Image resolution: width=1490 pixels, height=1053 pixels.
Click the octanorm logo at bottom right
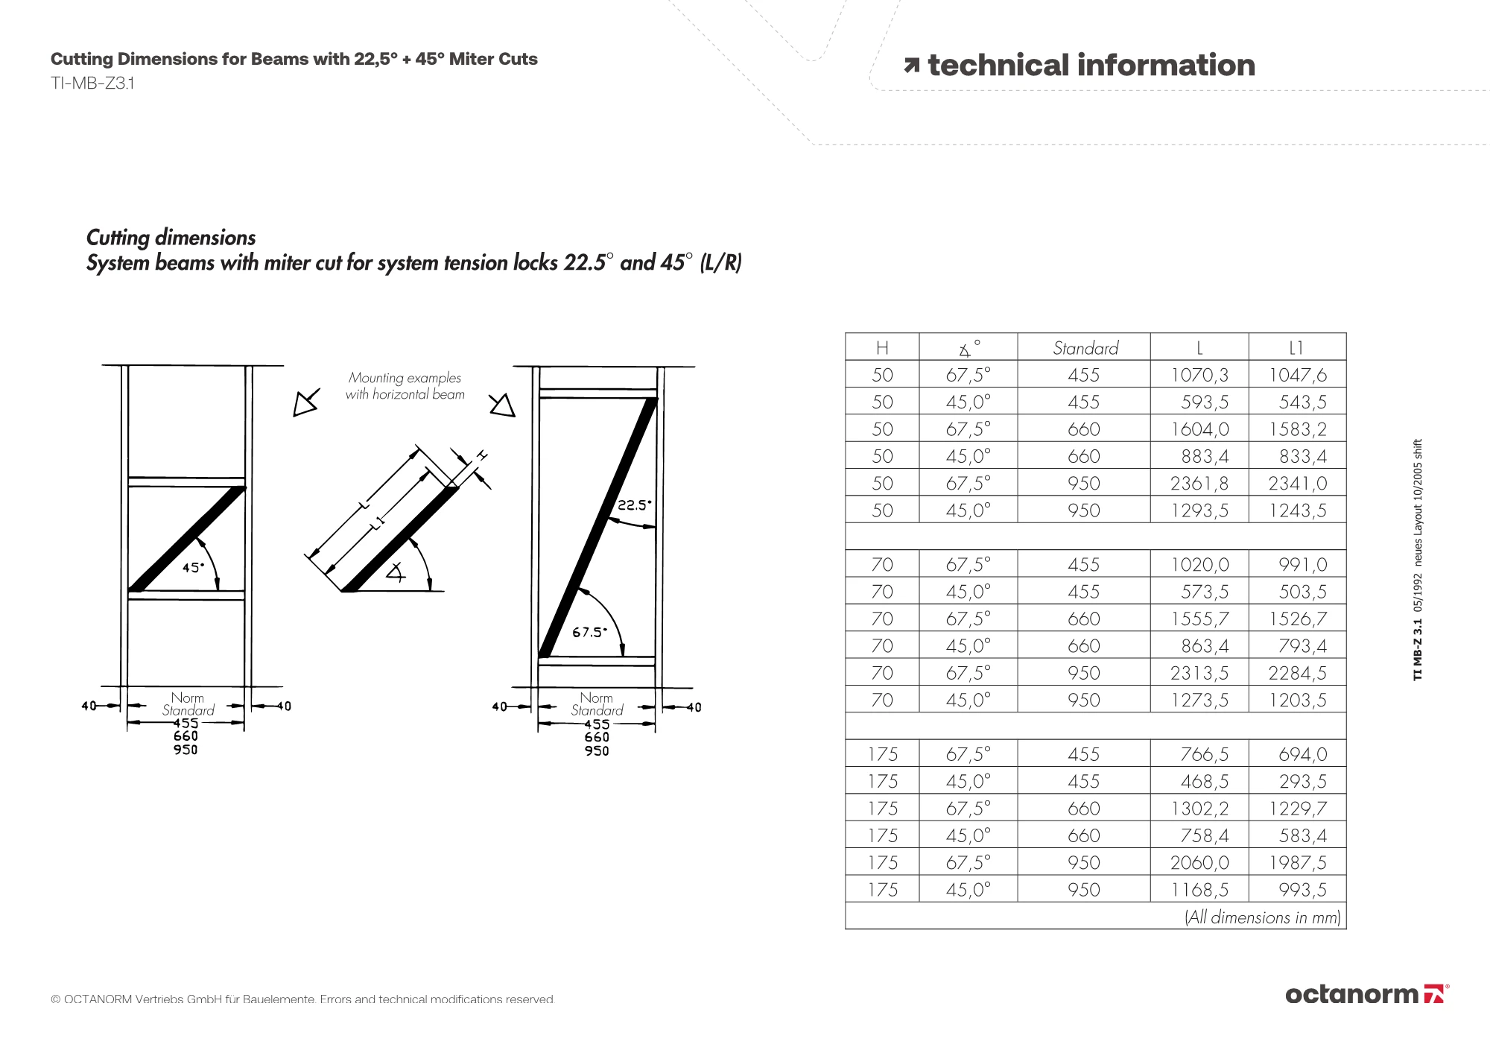(1366, 994)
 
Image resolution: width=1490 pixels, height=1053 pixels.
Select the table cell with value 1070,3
(1199, 375)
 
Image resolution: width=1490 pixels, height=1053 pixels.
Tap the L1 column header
(1296, 348)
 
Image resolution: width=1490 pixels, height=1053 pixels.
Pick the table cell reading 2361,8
(1199, 484)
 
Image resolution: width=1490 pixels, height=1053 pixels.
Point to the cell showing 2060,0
(1199, 863)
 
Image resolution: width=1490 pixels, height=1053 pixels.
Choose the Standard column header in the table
(1085, 348)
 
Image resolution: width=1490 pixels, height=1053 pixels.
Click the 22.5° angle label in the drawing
(634, 505)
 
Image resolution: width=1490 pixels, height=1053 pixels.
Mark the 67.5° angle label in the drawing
(589, 633)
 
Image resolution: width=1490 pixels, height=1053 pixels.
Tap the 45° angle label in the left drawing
(193, 568)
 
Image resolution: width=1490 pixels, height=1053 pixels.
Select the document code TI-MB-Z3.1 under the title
(92, 83)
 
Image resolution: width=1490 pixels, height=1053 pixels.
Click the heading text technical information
(1091, 66)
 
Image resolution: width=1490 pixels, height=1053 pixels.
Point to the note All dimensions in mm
(1262, 917)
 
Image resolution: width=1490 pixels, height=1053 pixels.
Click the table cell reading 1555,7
(1199, 619)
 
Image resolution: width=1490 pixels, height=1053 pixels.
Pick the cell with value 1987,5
(1298, 863)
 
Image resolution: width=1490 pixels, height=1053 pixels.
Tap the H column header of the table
(882, 348)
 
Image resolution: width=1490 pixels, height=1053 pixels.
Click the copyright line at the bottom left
(302, 999)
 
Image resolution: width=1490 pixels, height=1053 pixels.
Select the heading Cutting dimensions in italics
(171, 238)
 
